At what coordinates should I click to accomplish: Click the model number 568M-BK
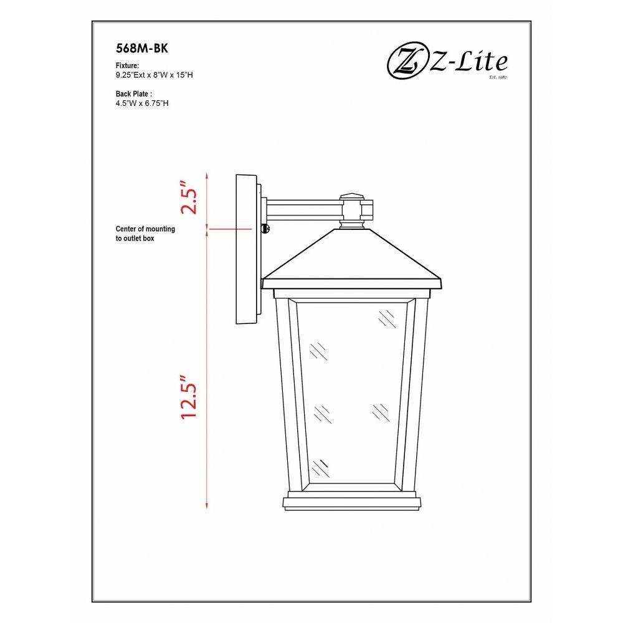pyautogui.click(x=142, y=49)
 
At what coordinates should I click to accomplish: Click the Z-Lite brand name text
pyautogui.click(x=468, y=63)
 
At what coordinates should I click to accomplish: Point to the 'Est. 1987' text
pyautogui.click(x=498, y=77)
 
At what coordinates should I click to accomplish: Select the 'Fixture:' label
pyautogui.click(x=127, y=65)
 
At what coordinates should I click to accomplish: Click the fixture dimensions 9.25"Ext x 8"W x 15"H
pyautogui.click(x=154, y=75)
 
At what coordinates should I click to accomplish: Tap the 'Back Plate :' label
pyautogui.click(x=134, y=94)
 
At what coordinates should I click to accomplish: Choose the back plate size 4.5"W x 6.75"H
pyautogui.click(x=142, y=103)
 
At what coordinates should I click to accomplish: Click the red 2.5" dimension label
pyautogui.click(x=189, y=198)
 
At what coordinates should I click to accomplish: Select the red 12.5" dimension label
pyautogui.click(x=189, y=396)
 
